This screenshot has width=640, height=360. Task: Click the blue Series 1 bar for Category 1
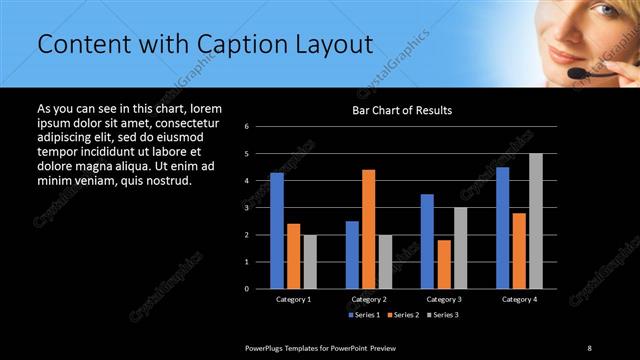click(x=277, y=231)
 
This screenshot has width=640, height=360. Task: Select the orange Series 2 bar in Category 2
click(x=368, y=229)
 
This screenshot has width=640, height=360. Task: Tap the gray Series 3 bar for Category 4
click(x=535, y=221)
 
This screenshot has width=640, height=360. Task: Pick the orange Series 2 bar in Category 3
click(x=444, y=264)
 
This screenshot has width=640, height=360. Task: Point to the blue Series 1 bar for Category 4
click(x=502, y=228)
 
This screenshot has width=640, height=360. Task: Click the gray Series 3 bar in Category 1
click(x=310, y=262)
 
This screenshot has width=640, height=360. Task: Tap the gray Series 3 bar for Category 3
click(x=460, y=248)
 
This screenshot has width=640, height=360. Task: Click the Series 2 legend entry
click(x=402, y=315)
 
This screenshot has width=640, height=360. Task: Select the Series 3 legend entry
click(x=440, y=315)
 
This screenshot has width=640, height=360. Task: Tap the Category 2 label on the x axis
click(x=368, y=299)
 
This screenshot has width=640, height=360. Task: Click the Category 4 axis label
click(x=518, y=299)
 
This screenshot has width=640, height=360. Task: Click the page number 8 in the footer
click(x=590, y=347)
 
